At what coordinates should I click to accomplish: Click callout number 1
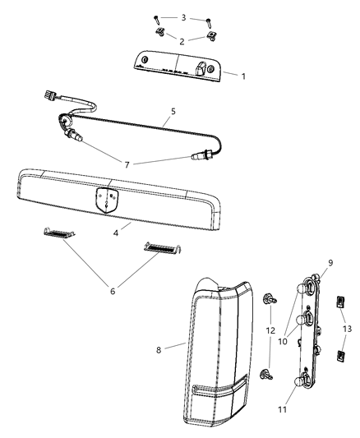point(243,76)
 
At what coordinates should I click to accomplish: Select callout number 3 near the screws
point(184,17)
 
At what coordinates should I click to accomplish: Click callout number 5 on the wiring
point(173,109)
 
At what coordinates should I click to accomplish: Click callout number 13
point(346,329)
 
